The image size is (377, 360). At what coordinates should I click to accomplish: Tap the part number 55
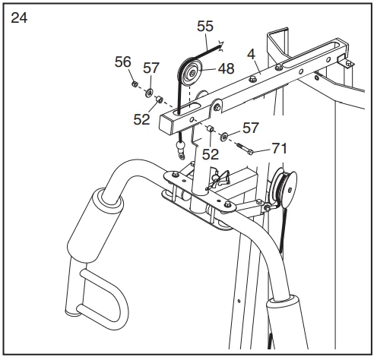205,25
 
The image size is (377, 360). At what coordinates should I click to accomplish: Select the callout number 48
227,68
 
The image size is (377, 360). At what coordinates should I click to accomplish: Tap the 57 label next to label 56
151,68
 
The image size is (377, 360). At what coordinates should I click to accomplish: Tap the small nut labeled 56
134,84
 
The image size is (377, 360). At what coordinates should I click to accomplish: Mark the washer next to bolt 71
226,137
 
